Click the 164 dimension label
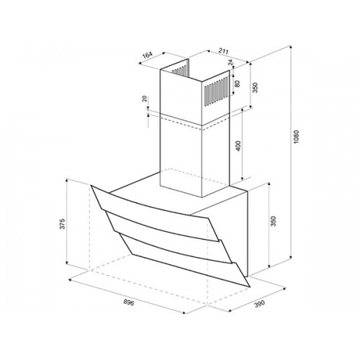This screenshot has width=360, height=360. (x=148, y=55)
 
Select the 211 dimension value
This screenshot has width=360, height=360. (x=223, y=51)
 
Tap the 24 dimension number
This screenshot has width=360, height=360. (x=230, y=63)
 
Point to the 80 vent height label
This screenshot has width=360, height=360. (x=238, y=84)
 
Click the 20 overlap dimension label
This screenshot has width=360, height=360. (x=144, y=99)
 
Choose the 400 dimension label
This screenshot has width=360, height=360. (x=238, y=145)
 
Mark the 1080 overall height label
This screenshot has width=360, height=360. (x=296, y=137)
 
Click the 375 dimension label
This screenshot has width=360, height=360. (x=62, y=224)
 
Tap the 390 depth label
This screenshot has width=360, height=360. (x=259, y=304)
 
